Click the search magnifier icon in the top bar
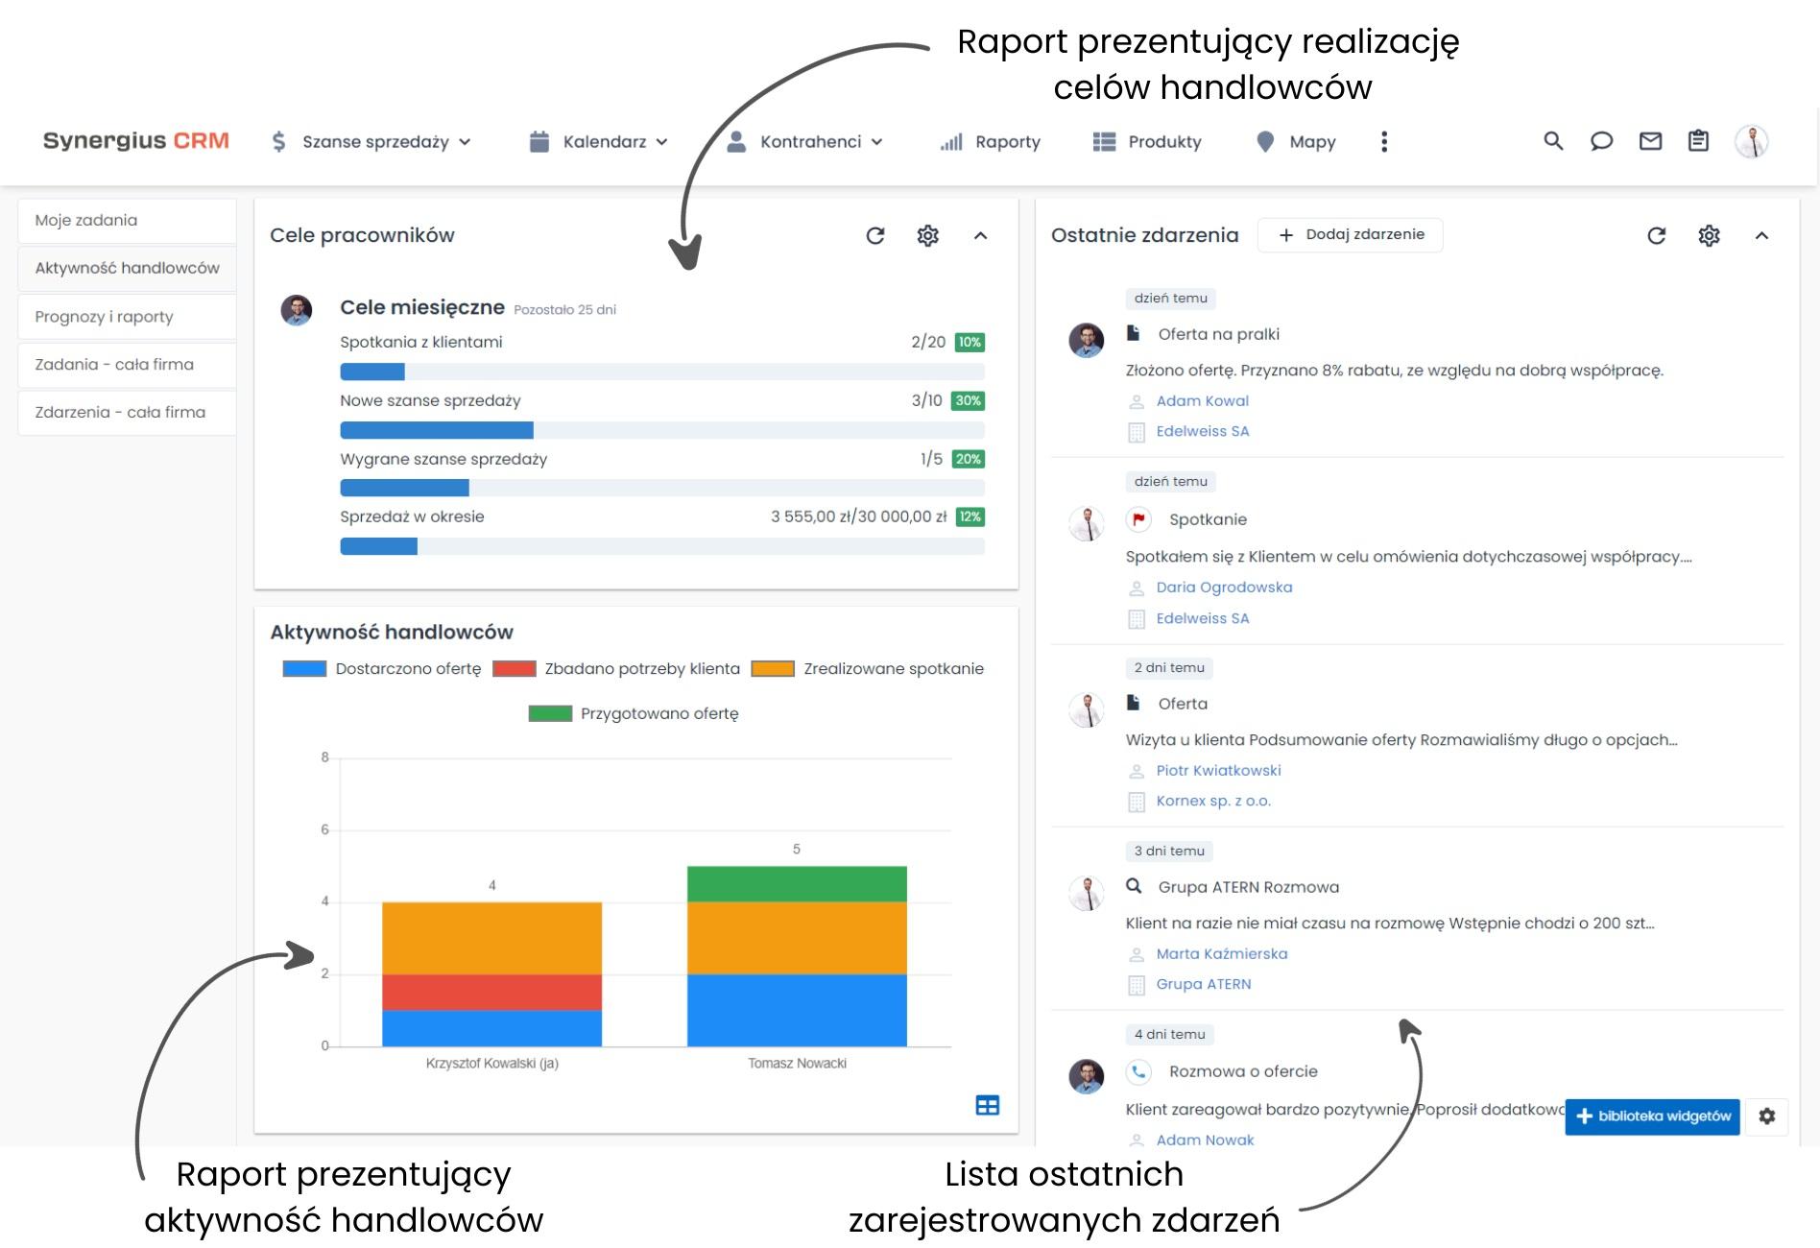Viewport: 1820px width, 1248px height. (x=1553, y=141)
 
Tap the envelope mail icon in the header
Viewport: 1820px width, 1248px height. (x=1650, y=141)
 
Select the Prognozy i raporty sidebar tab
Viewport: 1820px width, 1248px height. (x=104, y=317)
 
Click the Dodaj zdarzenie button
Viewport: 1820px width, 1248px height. (x=1351, y=234)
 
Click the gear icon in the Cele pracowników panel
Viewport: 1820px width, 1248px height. (x=927, y=235)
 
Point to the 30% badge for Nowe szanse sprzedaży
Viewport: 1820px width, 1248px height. (x=968, y=400)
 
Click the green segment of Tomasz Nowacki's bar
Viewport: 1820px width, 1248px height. (x=797, y=884)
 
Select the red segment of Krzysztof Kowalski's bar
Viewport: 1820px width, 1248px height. (x=491, y=992)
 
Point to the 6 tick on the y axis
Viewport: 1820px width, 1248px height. (x=324, y=829)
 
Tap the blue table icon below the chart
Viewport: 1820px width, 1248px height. (x=987, y=1105)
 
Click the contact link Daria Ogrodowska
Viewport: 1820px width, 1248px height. (x=1224, y=587)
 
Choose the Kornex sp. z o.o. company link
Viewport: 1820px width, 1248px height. (x=1212, y=801)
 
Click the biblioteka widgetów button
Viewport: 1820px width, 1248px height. (x=1652, y=1116)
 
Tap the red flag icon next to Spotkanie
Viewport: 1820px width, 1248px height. (x=1138, y=519)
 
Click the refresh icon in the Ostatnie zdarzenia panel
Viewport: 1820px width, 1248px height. (x=1656, y=235)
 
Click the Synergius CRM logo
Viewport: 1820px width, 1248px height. (x=135, y=140)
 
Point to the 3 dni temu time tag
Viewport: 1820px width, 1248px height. (x=1169, y=851)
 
